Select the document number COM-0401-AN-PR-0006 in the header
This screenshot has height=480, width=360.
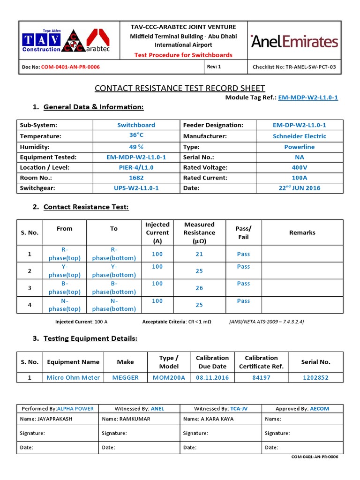pyautogui.click(x=70, y=67)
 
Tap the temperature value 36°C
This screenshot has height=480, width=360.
pyautogui.click(x=136, y=135)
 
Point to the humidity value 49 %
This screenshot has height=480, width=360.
pyautogui.click(x=136, y=146)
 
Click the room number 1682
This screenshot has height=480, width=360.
pyautogui.click(x=136, y=178)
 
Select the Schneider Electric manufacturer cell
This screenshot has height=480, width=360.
pyautogui.click(x=300, y=136)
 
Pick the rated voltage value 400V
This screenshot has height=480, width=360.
pyautogui.click(x=300, y=167)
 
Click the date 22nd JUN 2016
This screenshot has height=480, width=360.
pyautogui.click(x=300, y=187)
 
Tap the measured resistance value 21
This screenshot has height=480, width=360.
pyautogui.click(x=199, y=254)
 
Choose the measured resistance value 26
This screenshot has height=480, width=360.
pyautogui.click(x=199, y=288)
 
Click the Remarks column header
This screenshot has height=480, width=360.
pyautogui.click(x=302, y=232)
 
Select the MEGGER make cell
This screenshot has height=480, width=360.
pyautogui.click(x=125, y=377)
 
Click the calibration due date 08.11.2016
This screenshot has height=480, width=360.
pyautogui.click(x=212, y=377)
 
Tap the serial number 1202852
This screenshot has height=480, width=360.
pyautogui.click(x=315, y=377)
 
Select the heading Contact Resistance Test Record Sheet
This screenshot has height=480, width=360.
pyautogui.click(x=180, y=88)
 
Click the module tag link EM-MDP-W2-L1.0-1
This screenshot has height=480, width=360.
pyautogui.click(x=308, y=97)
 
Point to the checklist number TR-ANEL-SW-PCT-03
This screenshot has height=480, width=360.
pyautogui.click(x=294, y=67)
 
